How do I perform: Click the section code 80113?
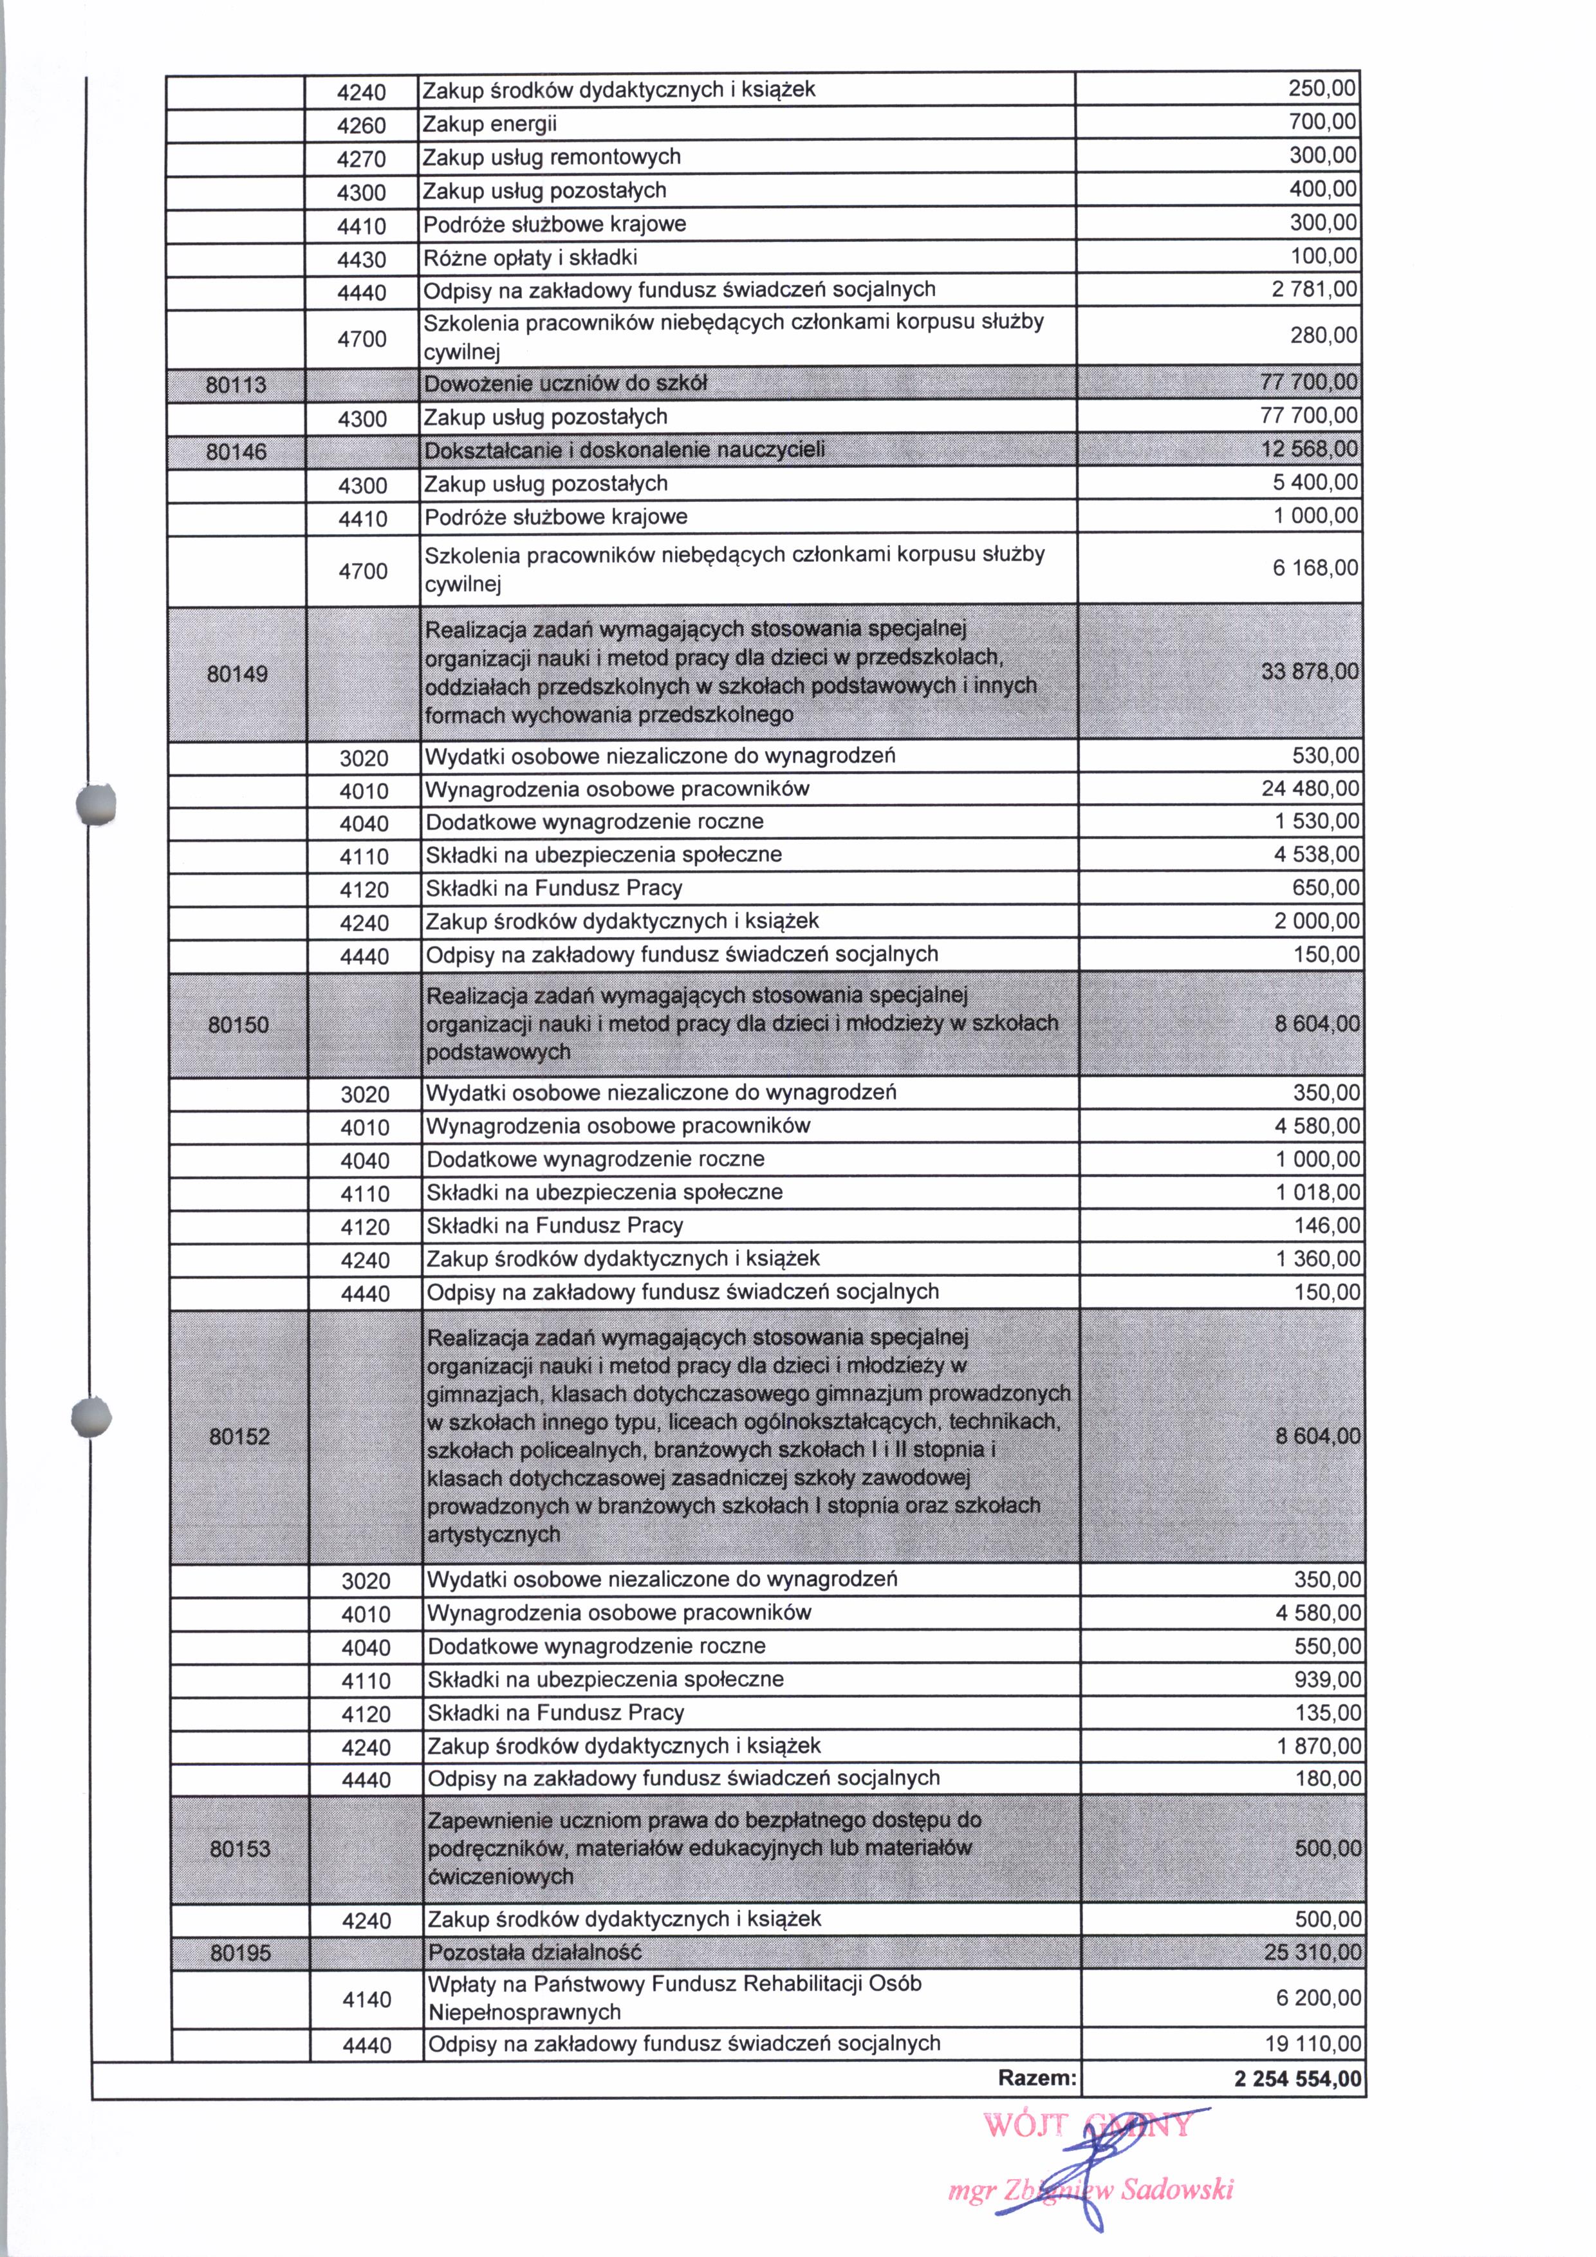(236, 384)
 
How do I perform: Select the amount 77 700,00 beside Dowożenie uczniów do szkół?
(1309, 382)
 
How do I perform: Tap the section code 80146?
(236, 451)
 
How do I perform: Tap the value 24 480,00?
(1310, 788)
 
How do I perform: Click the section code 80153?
(240, 1849)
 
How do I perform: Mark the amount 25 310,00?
(1312, 1951)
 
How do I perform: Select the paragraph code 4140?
(367, 2000)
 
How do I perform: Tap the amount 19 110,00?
(1313, 2044)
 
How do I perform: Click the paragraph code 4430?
(362, 259)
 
